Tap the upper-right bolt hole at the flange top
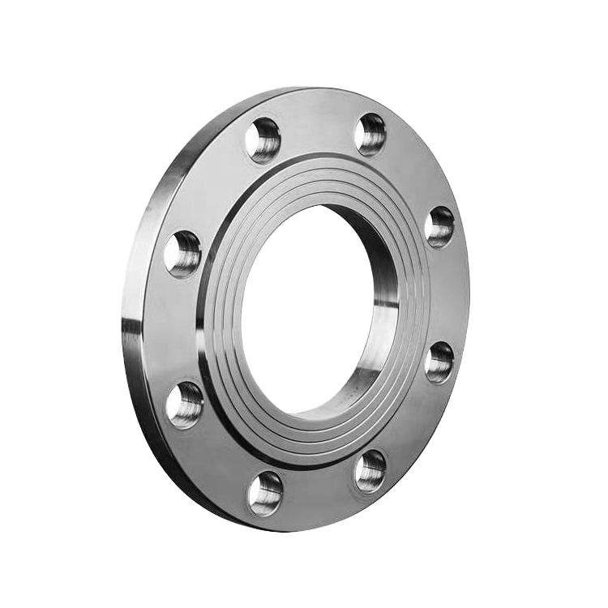370,134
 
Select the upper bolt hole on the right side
440,226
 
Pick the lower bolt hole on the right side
439,362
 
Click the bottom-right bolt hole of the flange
370,471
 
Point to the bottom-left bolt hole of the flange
265,493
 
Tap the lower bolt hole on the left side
185,405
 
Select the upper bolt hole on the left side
182,253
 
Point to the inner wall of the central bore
381,324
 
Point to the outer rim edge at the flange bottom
268,525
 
